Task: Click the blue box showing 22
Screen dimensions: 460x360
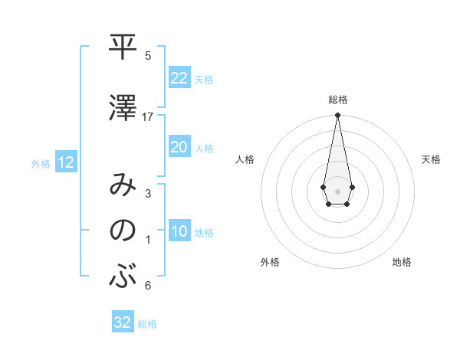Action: (x=179, y=78)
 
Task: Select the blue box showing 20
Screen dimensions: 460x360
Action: (x=179, y=147)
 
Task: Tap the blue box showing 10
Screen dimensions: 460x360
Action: (x=179, y=231)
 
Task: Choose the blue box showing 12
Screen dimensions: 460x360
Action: (x=66, y=162)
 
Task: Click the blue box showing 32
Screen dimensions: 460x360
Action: (x=123, y=322)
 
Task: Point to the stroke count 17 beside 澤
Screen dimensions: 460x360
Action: (x=148, y=117)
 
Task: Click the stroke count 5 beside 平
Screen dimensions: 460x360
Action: (x=148, y=56)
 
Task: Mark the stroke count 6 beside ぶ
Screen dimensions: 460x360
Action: (x=148, y=286)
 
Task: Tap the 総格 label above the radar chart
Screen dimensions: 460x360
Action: (x=337, y=100)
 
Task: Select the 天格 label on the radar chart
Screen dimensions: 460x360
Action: (x=432, y=159)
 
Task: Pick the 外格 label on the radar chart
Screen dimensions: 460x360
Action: (x=269, y=262)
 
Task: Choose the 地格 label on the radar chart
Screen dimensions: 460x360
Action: (x=402, y=262)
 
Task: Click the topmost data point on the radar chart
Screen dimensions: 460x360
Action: (x=337, y=116)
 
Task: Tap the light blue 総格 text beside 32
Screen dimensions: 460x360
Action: (x=147, y=324)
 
